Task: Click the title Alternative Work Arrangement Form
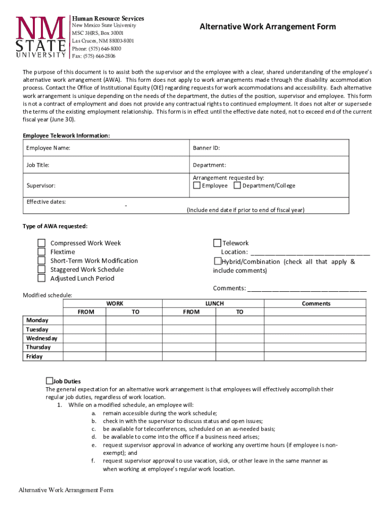pos(267,27)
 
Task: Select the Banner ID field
pos(270,148)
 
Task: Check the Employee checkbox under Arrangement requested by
pos(197,185)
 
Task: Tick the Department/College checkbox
pos(237,185)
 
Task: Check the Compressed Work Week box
pos(42,243)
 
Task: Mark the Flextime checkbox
pos(42,252)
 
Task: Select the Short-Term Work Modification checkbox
pos(42,261)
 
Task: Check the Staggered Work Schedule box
pos(42,270)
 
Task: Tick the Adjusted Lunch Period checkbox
pos(42,278)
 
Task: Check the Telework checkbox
pos(217,243)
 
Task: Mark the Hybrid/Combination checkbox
pos(217,261)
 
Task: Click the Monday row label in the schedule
pos(37,321)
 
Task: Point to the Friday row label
pos(34,356)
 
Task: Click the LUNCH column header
pos(214,303)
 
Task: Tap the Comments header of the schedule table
pos(316,303)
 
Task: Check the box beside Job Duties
pos(50,381)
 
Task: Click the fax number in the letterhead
pos(93,56)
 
